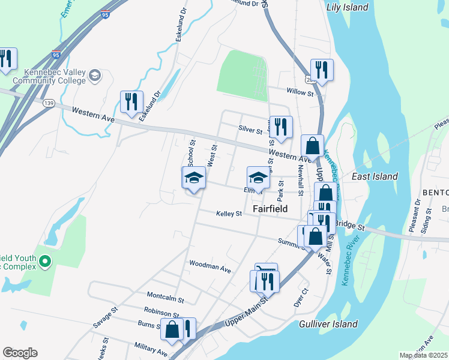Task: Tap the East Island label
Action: click(x=375, y=176)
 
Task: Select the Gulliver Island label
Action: click(x=328, y=324)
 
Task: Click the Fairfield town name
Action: click(x=270, y=208)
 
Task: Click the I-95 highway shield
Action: click(x=56, y=53)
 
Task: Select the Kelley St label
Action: click(x=229, y=213)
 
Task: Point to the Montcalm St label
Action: click(x=165, y=296)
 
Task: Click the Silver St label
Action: click(x=250, y=128)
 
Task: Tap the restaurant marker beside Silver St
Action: click(x=280, y=126)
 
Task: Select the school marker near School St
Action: click(x=194, y=178)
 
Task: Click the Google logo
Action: click(x=20, y=352)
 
